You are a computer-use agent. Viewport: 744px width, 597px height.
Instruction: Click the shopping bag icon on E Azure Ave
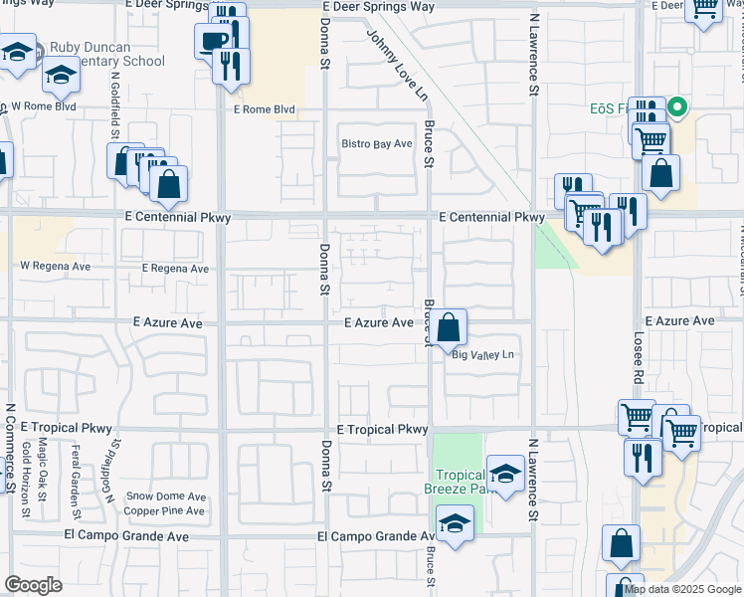point(449,326)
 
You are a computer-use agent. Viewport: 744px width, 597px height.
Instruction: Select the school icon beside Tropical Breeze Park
point(505,475)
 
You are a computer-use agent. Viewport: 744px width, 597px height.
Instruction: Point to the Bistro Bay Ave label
point(376,144)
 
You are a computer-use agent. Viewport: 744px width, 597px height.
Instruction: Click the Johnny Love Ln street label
point(395,65)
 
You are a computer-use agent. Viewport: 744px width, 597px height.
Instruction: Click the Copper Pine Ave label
point(164,511)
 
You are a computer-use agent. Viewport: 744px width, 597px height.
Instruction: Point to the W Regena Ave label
point(55,267)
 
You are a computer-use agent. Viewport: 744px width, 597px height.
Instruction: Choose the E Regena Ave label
point(175,269)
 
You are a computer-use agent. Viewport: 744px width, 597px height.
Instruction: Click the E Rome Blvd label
point(264,110)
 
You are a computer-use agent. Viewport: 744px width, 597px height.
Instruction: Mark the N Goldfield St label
point(115,104)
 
